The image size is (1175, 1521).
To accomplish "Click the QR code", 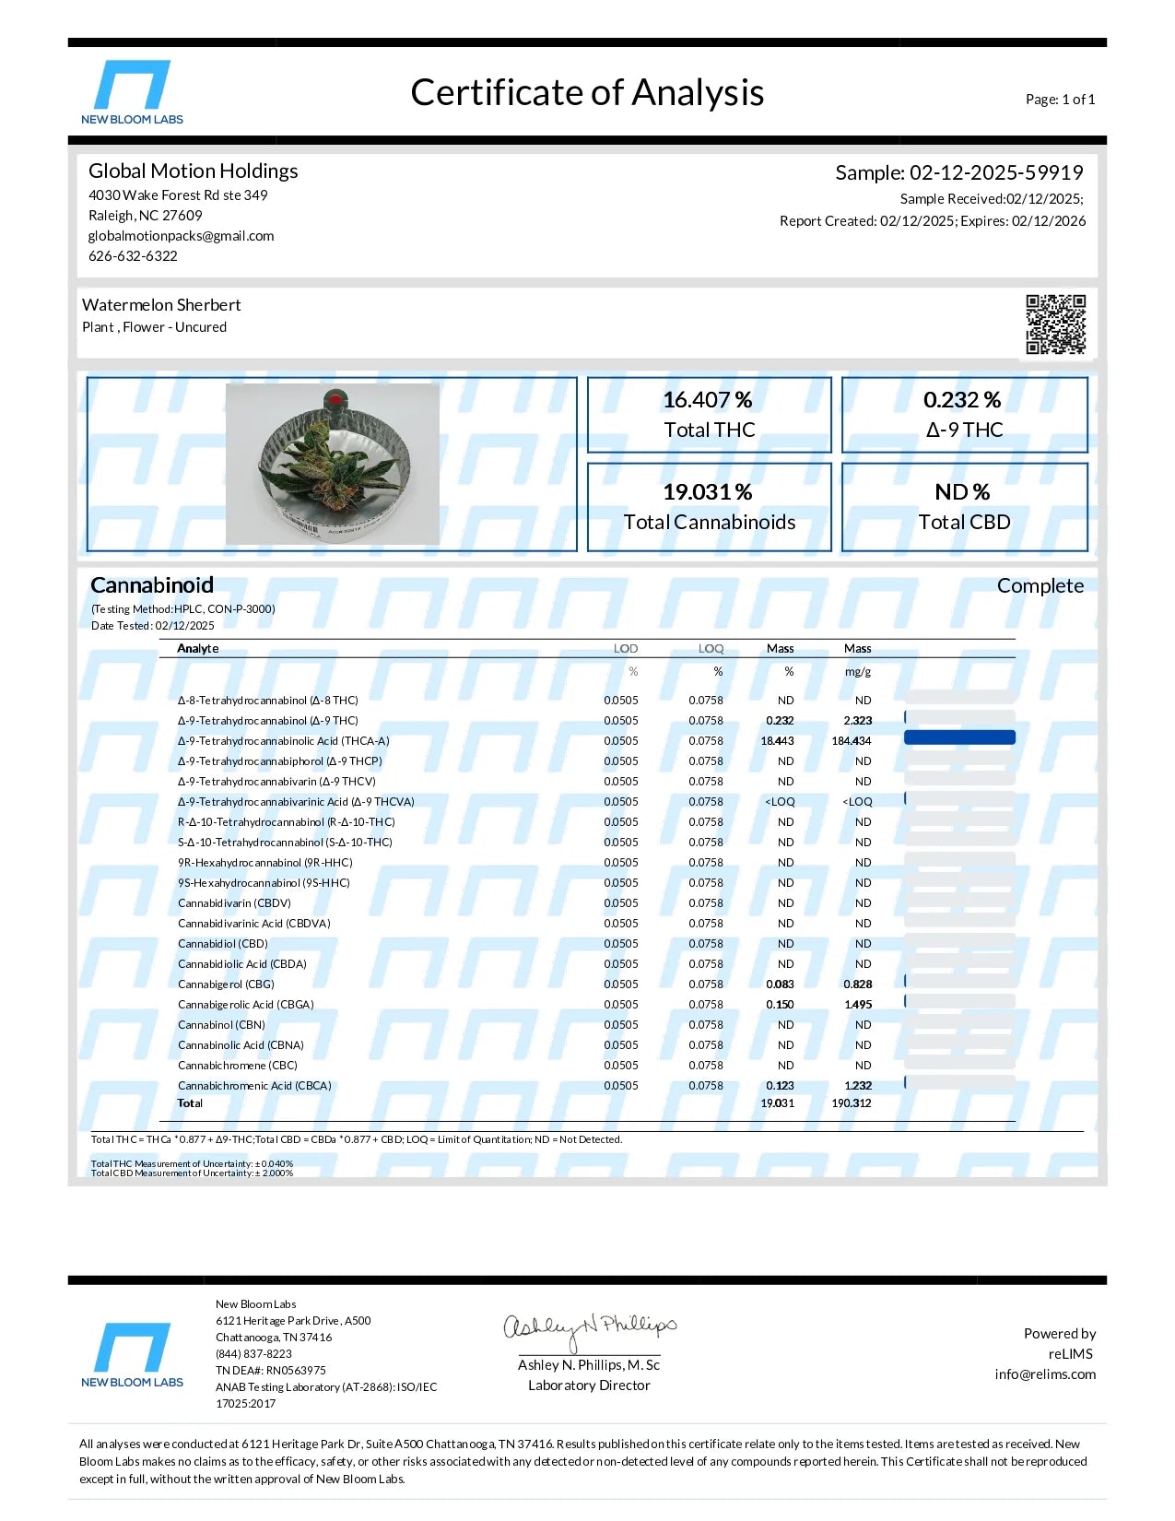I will (1055, 324).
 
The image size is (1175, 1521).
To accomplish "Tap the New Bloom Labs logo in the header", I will (132, 92).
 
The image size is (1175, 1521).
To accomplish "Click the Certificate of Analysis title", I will (587, 93).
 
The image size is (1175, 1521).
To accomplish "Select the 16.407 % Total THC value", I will (708, 400).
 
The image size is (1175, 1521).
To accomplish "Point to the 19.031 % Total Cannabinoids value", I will (708, 492).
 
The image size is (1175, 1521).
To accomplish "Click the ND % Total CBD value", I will (962, 492).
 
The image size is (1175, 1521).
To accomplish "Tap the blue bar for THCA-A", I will (959, 737).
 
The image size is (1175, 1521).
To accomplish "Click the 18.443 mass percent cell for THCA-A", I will (777, 741).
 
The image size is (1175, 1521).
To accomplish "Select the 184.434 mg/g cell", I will (852, 741).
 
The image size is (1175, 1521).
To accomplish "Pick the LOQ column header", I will (711, 649).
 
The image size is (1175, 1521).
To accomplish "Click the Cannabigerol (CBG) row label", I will (226, 985).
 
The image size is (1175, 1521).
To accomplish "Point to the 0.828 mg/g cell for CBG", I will (857, 985).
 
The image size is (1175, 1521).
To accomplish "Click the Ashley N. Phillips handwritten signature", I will (589, 1328).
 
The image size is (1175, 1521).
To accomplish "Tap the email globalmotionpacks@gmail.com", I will (181, 236).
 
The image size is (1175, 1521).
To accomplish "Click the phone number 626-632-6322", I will (133, 256).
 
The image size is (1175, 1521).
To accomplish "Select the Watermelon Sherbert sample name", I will (161, 305).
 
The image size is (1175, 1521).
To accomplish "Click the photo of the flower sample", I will (332, 464).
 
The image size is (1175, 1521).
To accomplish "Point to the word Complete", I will (1040, 586).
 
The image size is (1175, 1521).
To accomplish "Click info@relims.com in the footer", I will (1045, 1374).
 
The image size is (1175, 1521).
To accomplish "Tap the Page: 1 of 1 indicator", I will (1060, 100).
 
